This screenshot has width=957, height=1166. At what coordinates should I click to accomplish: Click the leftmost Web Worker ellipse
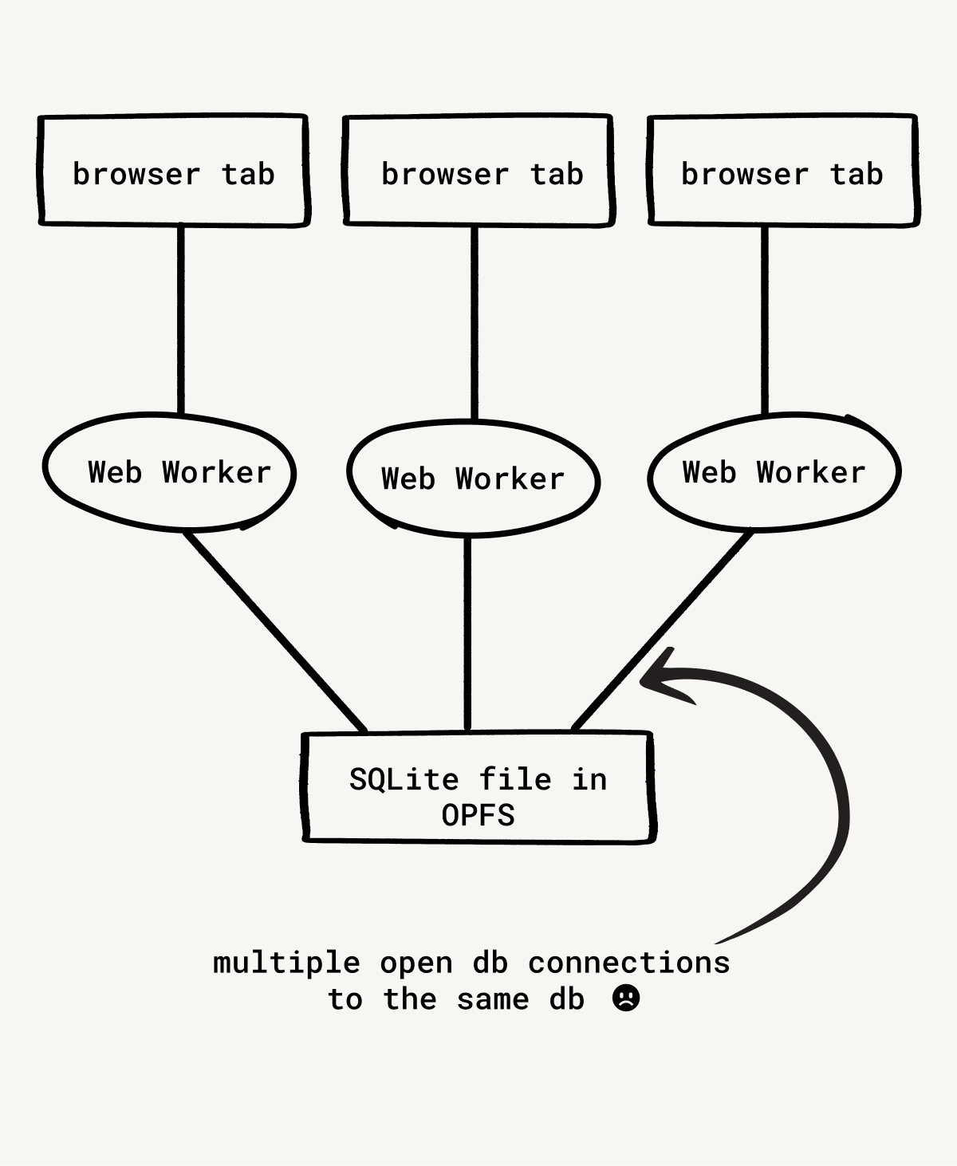click(169, 472)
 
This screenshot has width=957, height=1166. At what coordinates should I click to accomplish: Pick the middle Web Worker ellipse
click(473, 479)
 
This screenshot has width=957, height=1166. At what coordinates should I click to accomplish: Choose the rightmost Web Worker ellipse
click(774, 472)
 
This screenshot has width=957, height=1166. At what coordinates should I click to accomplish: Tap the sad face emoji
click(626, 998)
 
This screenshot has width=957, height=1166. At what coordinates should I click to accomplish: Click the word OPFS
click(478, 815)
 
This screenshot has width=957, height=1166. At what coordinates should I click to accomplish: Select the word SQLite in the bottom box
click(404, 779)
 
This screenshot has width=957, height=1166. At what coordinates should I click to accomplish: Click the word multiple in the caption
click(286, 963)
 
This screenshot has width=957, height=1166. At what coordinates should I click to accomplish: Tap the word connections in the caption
click(629, 963)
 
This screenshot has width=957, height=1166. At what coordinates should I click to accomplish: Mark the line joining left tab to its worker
click(180, 319)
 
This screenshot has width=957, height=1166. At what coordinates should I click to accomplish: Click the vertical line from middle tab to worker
click(475, 323)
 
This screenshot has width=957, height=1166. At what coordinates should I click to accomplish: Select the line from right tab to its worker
click(765, 319)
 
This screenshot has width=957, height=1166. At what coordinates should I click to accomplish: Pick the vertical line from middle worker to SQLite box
click(468, 634)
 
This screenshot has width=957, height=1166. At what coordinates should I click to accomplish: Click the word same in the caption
click(493, 999)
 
